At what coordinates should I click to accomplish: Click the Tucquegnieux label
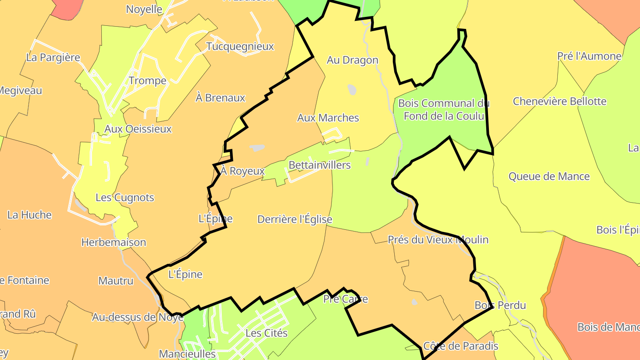point(240,46)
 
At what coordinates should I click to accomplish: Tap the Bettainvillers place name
point(320,165)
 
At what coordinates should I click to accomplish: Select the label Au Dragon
point(352,60)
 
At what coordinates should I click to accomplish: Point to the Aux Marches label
point(328,118)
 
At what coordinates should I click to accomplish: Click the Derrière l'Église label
point(295,219)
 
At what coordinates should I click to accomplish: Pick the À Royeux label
point(243,171)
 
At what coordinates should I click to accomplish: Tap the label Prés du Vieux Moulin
point(438,240)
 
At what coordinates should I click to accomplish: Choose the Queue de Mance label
point(549,176)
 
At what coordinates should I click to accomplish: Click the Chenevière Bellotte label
point(560,101)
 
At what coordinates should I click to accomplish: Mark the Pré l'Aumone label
point(589,56)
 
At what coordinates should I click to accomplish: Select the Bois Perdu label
point(500,305)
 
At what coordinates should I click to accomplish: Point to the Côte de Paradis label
point(460,346)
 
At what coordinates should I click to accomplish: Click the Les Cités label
point(267,333)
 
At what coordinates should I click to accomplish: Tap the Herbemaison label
point(113,242)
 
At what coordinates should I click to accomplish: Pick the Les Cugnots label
point(125,197)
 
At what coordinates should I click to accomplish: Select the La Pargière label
point(53,57)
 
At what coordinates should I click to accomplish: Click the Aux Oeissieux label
point(138,129)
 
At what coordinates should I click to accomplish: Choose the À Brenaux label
point(220,98)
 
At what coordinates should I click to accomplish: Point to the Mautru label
point(116,281)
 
